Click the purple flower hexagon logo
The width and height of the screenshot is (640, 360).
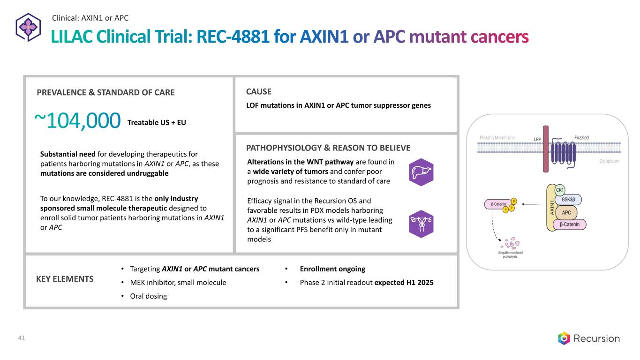28,28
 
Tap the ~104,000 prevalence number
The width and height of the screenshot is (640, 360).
77,120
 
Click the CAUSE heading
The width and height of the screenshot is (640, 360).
258,91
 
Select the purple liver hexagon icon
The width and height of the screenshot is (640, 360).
421,172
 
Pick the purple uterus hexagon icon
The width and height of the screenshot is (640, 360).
421,224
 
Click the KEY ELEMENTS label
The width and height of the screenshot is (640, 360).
65,279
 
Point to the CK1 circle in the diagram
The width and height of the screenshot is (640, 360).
560,190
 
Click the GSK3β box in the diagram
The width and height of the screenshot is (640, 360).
568,199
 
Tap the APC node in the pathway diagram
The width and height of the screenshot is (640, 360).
566,212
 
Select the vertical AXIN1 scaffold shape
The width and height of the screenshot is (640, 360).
551,208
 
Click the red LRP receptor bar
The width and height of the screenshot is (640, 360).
546,149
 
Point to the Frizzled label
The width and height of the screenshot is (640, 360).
581,138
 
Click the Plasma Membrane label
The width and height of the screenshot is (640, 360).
497,138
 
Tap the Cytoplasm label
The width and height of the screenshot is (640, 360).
610,161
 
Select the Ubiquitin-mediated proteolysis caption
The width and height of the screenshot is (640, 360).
510,255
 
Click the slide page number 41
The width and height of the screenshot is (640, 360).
22,338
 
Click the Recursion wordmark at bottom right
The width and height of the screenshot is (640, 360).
596,338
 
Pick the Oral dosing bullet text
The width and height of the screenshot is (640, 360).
148,296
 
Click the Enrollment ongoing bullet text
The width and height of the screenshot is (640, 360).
332,269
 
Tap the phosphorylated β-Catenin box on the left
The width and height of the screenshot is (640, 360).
498,204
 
